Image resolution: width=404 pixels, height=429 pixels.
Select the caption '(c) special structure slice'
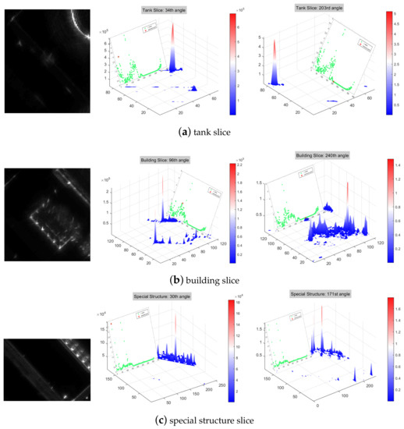[x=203, y=420]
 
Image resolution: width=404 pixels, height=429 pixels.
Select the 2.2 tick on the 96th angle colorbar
[x=236, y=165]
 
